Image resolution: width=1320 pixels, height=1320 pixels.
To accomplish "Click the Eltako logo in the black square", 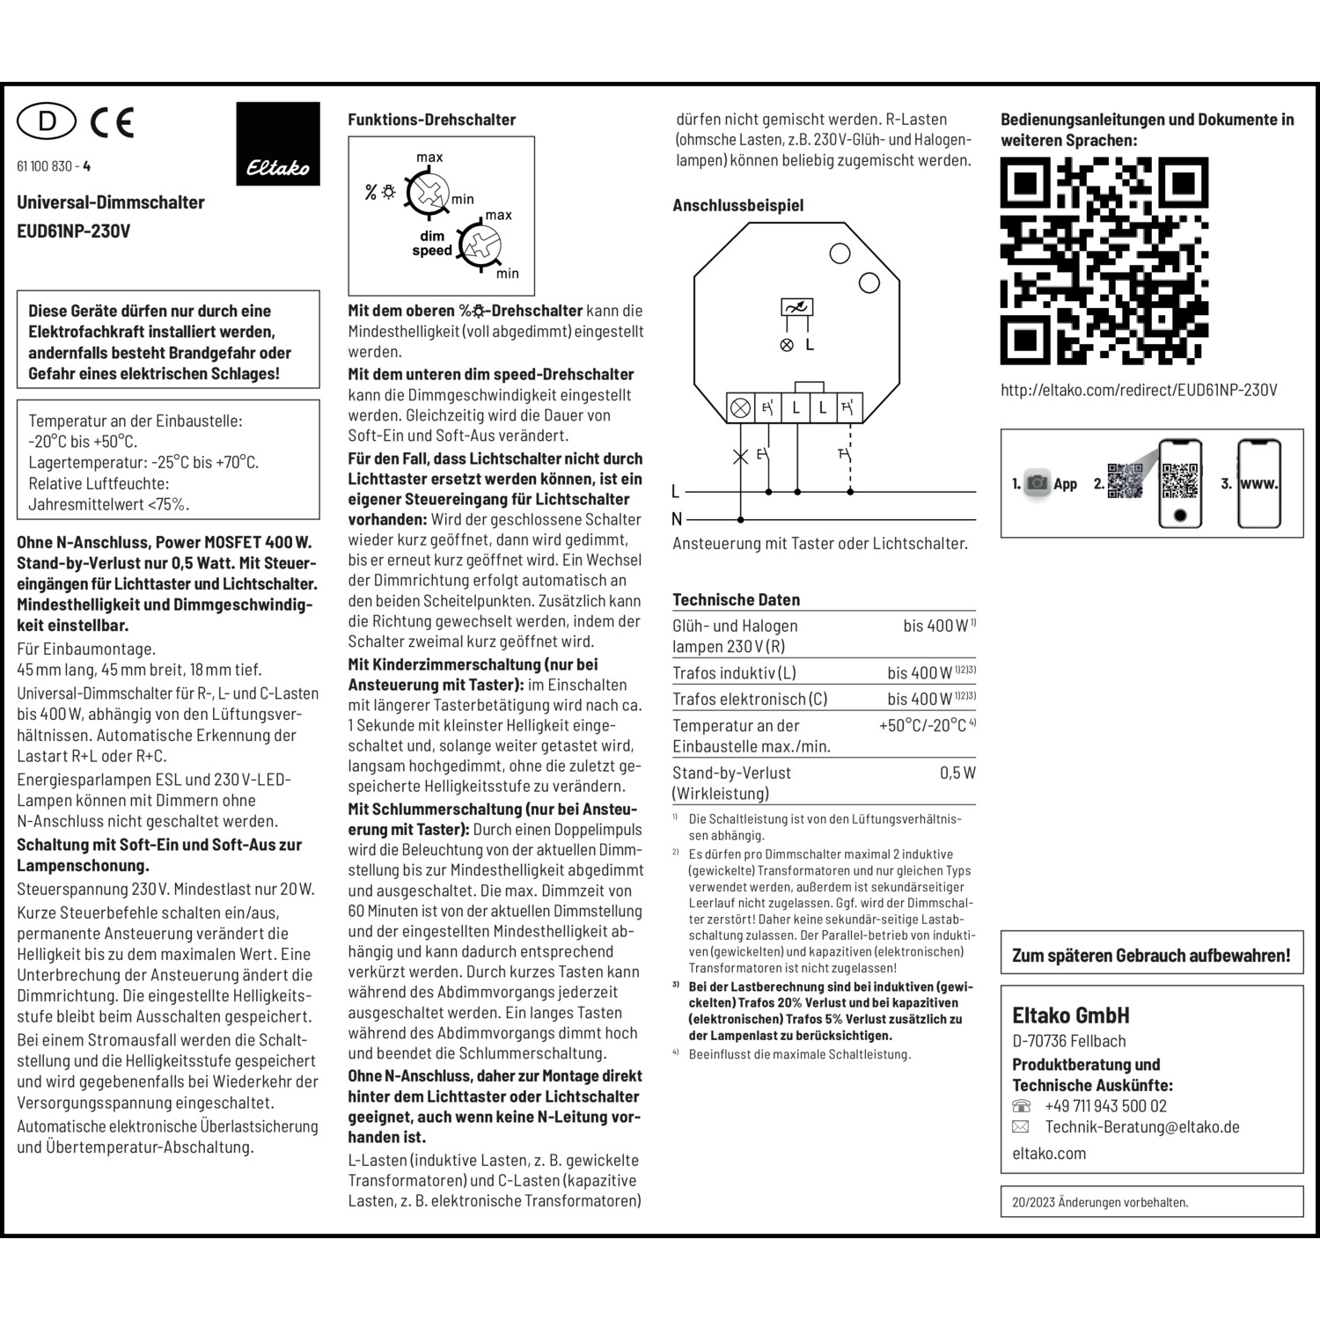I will tap(278, 166).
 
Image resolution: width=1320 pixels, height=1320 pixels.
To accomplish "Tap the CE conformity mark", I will tap(113, 121).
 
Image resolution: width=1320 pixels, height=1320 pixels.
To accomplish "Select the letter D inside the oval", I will tap(47, 121).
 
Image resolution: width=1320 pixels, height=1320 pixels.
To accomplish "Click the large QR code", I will tap(1104, 261).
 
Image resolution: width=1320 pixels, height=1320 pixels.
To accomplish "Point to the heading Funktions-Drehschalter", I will tap(431, 120).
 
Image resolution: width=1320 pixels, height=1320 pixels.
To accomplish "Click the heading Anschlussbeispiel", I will tap(737, 205).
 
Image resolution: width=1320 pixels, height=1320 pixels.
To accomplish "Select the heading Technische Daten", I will tap(736, 599).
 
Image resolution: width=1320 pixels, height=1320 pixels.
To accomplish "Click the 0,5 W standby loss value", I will tap(957, 773).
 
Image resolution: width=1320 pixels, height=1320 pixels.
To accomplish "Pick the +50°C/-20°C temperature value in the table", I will tap(924, 725).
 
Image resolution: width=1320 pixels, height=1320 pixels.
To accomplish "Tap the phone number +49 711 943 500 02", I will tap(1105, 1106).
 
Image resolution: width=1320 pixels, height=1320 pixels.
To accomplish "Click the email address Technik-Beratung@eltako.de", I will tap(1141, 1126).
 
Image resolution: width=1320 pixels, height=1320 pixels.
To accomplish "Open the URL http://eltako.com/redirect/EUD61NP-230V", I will tap(1138, 390).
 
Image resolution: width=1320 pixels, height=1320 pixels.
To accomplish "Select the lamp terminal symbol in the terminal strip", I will tap(741, 407).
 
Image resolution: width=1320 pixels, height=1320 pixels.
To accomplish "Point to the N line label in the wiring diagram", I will tap(677, 519).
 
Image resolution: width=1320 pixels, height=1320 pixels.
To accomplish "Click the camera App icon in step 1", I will tap(1038, 483).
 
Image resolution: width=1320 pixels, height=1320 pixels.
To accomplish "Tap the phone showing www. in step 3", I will tap(1258, 483).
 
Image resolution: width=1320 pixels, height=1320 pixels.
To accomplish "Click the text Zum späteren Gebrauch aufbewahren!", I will tap(1151, 956).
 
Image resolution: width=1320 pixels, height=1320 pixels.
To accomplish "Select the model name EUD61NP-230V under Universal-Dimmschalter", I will tap(74, 231).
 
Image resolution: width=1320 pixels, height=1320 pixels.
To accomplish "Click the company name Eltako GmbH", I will tap(1070, 1016).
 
